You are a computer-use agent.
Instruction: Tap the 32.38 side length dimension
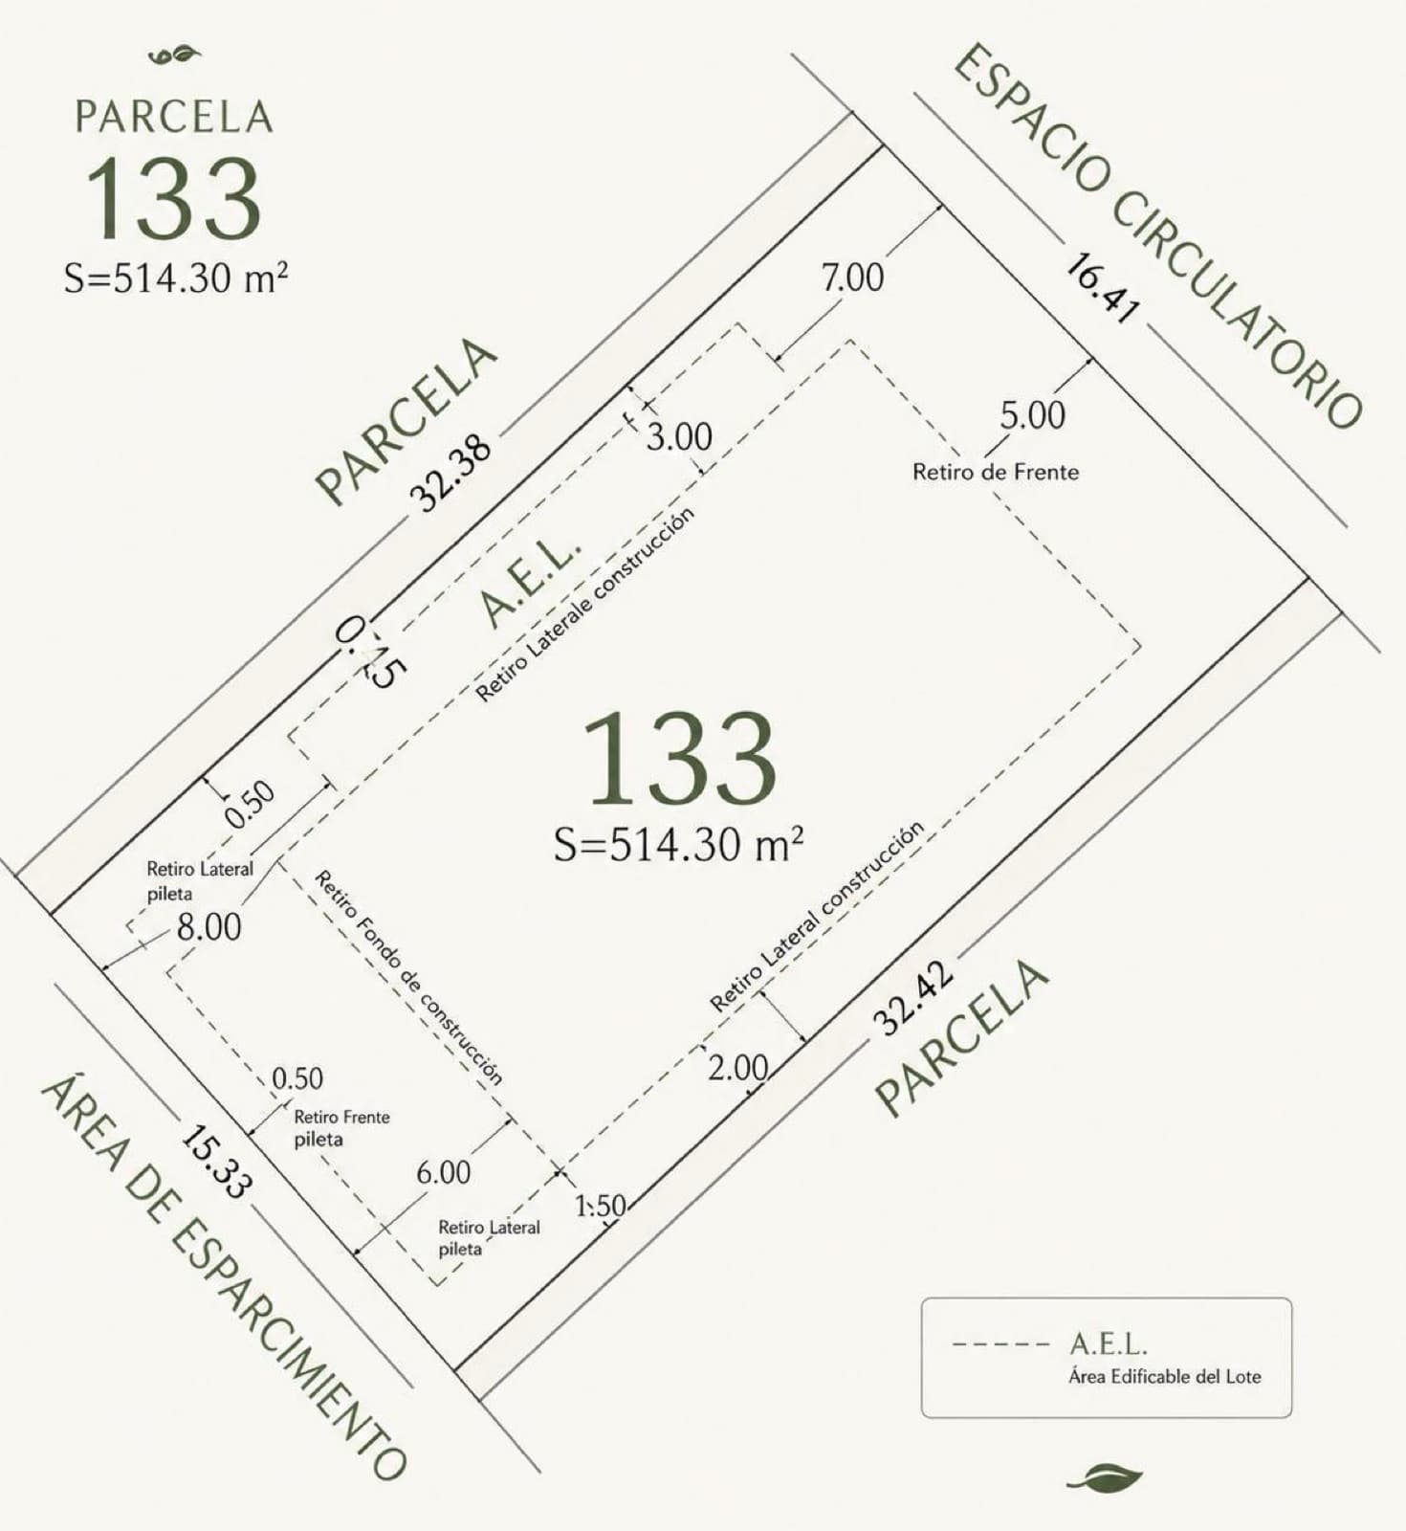tap(450, 473)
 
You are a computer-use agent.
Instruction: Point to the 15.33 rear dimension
tap(217, 1163)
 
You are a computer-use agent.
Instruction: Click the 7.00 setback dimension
tap(853, 277)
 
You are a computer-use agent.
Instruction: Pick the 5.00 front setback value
tap(1032, 415)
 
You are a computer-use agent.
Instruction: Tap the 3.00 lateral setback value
tap(679, 437)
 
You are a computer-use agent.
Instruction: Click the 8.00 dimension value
tap(209, 926)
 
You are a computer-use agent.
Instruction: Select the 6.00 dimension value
tap(444, 1172)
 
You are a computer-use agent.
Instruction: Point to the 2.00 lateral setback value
tap(738, 1068)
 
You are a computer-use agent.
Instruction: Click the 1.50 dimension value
tap(601, 1206)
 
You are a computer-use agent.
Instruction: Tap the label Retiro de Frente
tap(996, 472)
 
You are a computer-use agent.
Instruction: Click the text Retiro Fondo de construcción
tap(408, 977)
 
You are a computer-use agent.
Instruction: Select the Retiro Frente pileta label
tap(341, 1128)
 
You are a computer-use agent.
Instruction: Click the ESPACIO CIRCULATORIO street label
tap(1157, 235)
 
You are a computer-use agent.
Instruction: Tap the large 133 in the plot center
tap(679, 757)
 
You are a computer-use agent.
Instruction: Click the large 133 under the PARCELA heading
tap(173, 199)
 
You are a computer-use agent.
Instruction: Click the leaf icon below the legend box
tap(1106, 1478)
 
